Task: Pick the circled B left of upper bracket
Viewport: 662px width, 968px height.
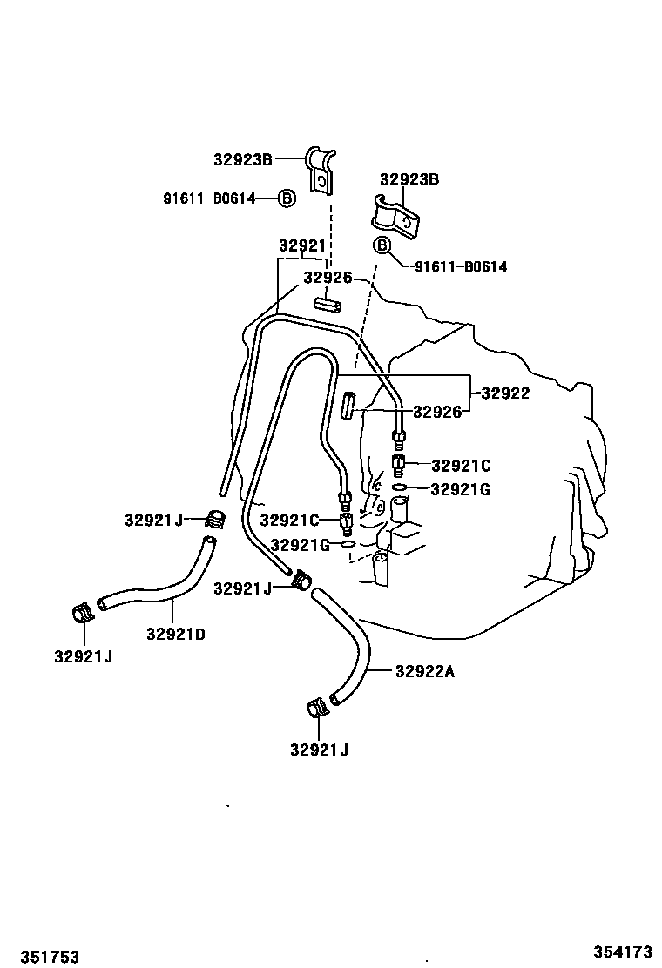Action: tap(287, 198)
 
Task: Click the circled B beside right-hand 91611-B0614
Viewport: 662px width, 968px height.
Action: tap(382, 245)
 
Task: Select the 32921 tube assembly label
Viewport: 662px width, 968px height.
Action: tap(301, 245)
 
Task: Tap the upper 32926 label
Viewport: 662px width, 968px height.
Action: tap(328, 278)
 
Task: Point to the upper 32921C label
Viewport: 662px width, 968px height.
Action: tap(461, 466)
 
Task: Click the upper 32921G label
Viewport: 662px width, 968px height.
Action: tap(461, 489)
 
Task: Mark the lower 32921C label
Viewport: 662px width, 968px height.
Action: tap(290, 520)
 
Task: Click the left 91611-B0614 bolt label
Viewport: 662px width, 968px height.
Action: tap(209, 198)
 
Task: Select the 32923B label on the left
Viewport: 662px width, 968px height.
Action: tap(243, 158)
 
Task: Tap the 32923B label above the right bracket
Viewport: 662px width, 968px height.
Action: tap(409, 179)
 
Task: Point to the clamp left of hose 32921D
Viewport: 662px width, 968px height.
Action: tap(83, 614)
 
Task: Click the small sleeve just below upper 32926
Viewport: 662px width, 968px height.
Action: tap(327, 306)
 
